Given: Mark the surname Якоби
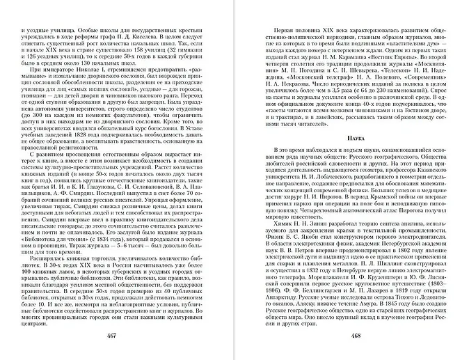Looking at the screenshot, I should click(310, 263).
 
